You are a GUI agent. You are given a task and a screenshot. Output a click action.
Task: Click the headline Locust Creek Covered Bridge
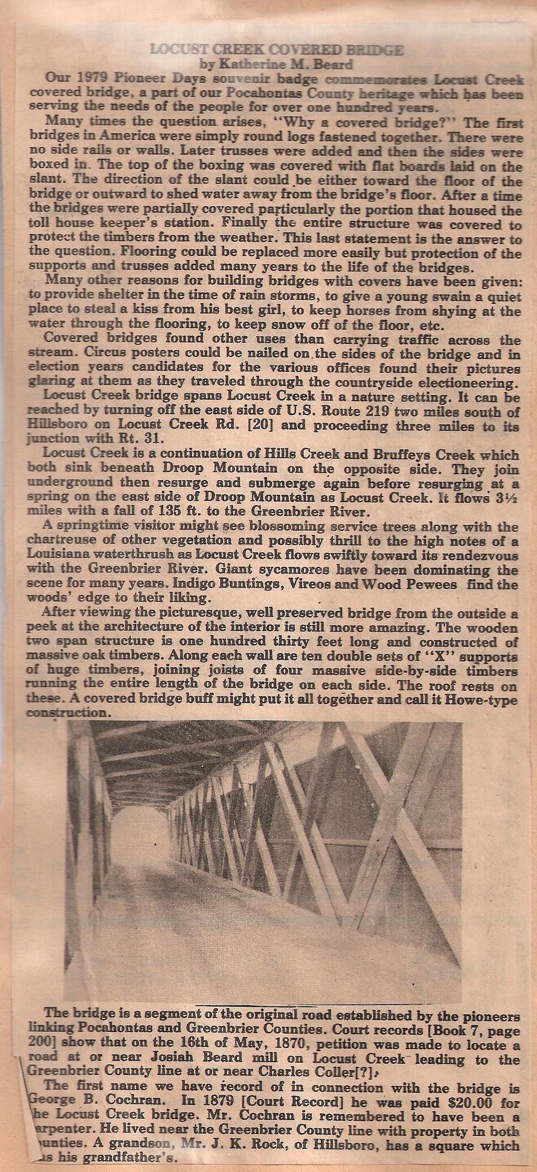click(x=276, y=51)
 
